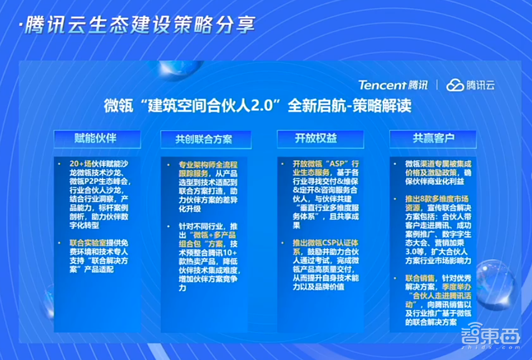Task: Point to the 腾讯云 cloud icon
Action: pyautogui.click(x=455, y=85)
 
